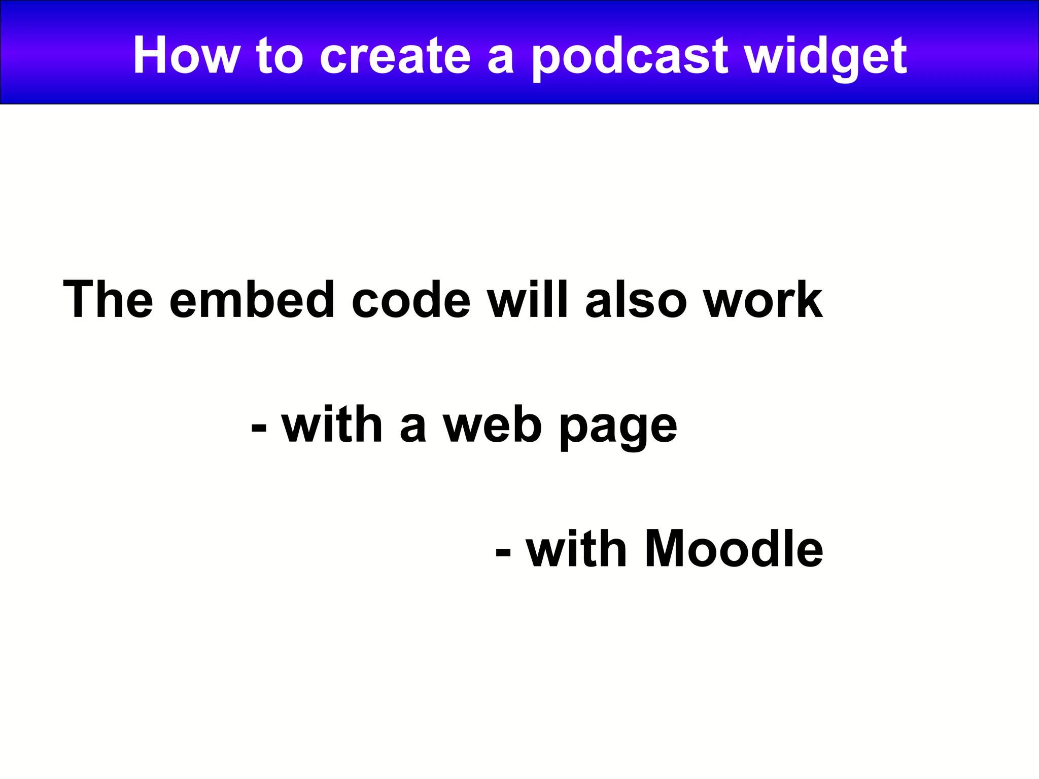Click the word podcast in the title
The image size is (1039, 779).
click(630, 57)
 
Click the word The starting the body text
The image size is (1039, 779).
click(108, 300)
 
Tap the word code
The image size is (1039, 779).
click(411, 300)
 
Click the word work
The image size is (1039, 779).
click(764, 300)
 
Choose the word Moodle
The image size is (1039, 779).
click(734, 549)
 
